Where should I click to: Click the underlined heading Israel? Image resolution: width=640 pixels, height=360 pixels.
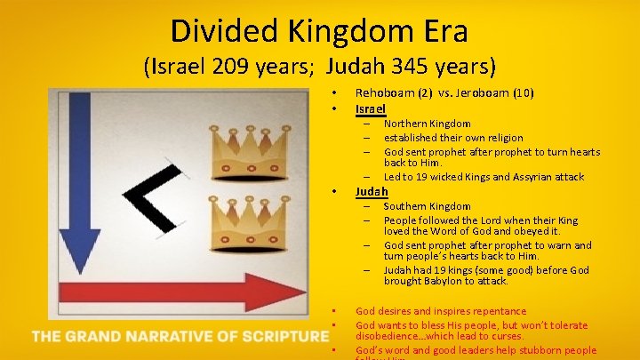[370, 108]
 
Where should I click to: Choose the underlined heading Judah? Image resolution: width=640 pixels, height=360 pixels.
[372, 191]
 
